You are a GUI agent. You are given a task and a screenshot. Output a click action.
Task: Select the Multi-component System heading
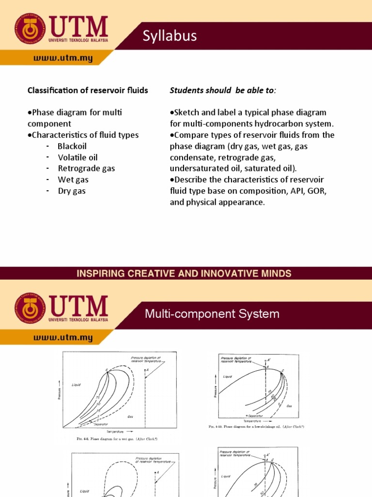click(212, 314)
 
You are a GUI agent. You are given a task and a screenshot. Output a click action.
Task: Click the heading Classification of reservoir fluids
click(88, 90)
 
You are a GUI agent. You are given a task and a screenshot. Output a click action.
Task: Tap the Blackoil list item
click(71, 146)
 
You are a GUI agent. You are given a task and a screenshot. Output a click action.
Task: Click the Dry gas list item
click(72, 191)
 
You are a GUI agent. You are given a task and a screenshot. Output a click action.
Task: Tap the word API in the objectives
click(296, 191)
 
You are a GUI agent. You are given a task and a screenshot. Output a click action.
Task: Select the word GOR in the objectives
click(318, 191)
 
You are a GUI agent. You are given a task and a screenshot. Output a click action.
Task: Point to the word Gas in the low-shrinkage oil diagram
click(289, 406)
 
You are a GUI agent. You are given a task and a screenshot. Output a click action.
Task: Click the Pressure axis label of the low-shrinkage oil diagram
click(215, 390)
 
